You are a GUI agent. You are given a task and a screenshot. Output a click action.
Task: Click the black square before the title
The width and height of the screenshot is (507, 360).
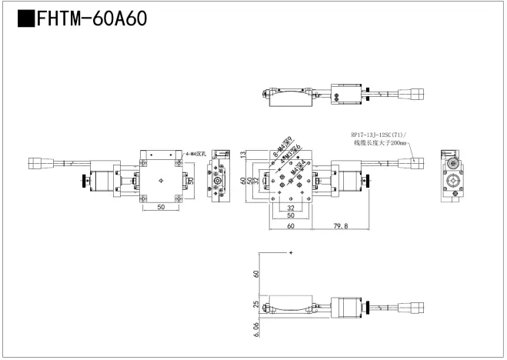click(25, 18)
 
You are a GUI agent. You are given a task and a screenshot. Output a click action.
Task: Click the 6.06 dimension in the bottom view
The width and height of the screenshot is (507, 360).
click(256, 331)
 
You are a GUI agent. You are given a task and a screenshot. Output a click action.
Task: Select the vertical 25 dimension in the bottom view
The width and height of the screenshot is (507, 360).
click(256, 306)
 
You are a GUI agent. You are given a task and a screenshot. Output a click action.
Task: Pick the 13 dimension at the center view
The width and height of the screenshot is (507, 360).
click(244, 155)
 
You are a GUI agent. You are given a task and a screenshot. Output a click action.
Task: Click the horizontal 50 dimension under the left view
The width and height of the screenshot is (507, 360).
click(161, 207)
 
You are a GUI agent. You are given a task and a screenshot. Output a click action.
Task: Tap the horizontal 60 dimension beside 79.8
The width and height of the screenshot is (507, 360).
click(290, 226)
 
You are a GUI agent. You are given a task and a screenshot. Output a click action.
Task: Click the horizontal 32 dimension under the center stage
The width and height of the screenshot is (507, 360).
click(291, 208)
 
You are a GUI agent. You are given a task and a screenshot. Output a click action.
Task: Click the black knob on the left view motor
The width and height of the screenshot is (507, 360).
click(82, 182)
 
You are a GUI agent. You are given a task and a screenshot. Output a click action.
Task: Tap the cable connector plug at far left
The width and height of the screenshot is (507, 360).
click(37, 163)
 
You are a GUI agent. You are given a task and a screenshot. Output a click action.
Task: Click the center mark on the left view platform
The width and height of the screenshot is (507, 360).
click(160, 180)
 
